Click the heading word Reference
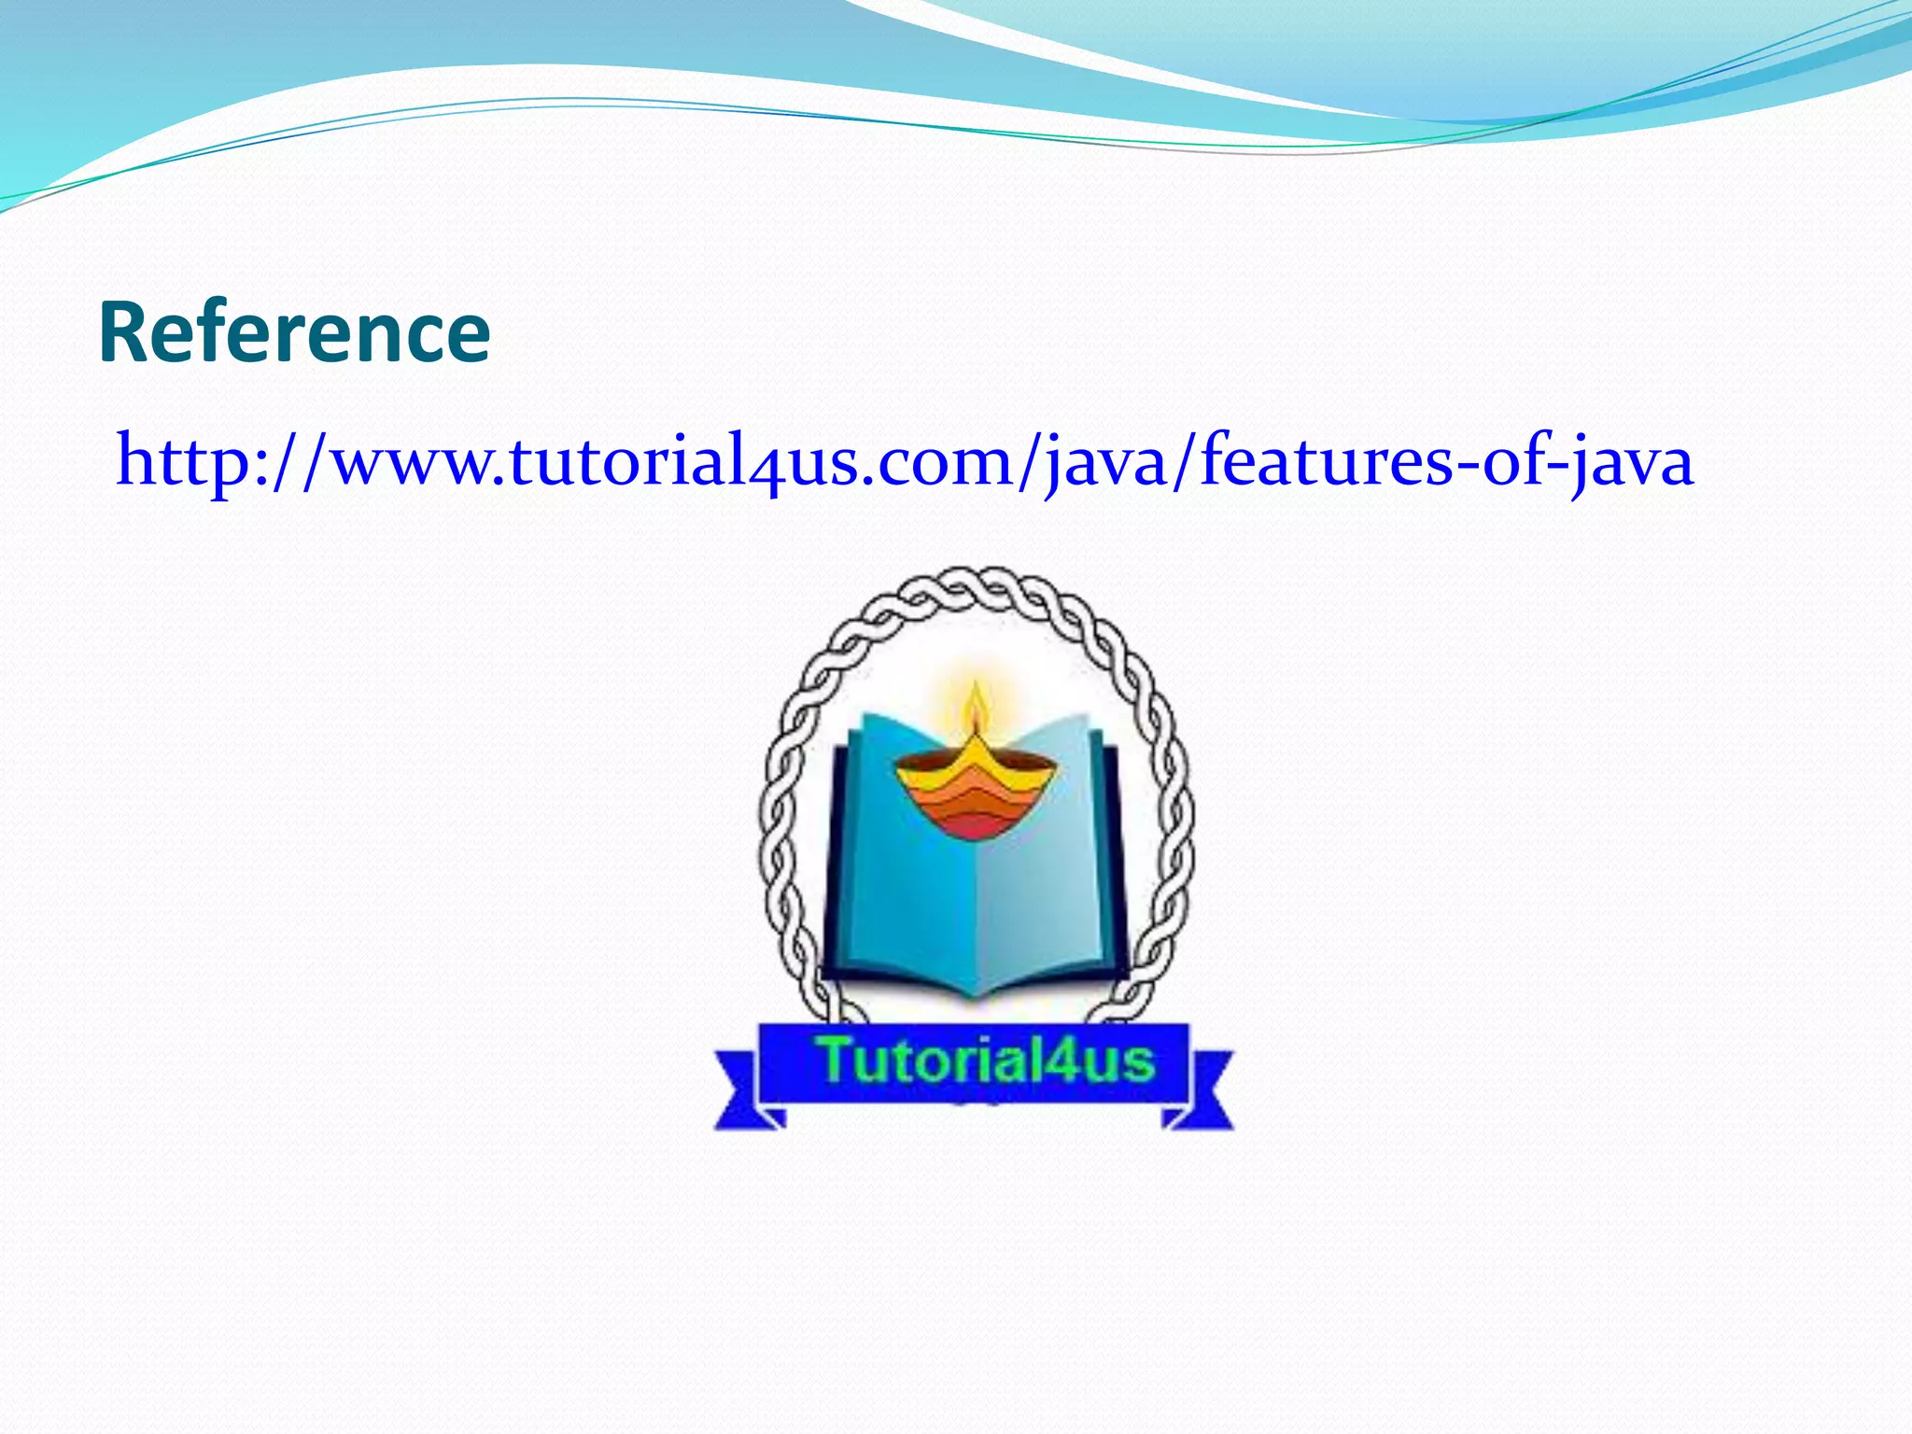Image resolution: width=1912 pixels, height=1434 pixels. (294, 332)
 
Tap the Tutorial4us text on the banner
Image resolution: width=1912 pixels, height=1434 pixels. (986, 1061)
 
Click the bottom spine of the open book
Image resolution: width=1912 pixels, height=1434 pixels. (976, 990)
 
